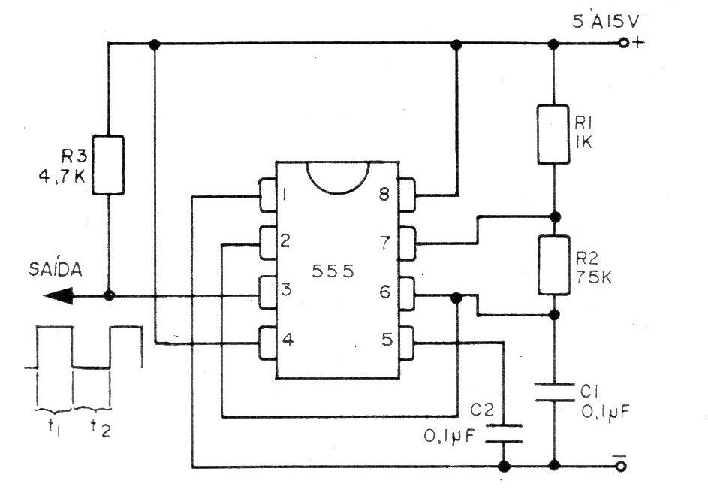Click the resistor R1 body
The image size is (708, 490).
click(x=553, y=135)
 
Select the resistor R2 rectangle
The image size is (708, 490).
click(x=553, y=265)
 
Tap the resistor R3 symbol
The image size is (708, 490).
click(x=108, y=165)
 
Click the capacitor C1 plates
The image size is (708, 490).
click(x=553, y=392)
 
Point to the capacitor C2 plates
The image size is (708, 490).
click(x=504, y=434)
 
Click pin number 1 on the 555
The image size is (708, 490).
click(x=285, y=195)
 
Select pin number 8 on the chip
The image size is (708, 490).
click(x=384, y=195)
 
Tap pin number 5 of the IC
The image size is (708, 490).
click(x=387, y=339)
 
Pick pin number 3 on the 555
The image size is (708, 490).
click(x=286, y=289)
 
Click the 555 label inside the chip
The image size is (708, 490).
click(x=333, y=271)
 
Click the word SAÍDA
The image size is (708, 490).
click(x=56, y=268)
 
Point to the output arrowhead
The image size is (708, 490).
click(x=59, y=296)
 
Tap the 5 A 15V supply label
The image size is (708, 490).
click(x=606, y=21)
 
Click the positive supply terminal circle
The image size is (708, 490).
click(x=624, y=44)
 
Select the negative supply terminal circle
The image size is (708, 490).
click(x=622, y=466)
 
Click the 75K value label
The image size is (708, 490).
click(x=594, y=277)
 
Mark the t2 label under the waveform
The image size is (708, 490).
click(x=101, y=428)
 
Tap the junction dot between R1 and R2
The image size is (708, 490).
click(x=556, y=217)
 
